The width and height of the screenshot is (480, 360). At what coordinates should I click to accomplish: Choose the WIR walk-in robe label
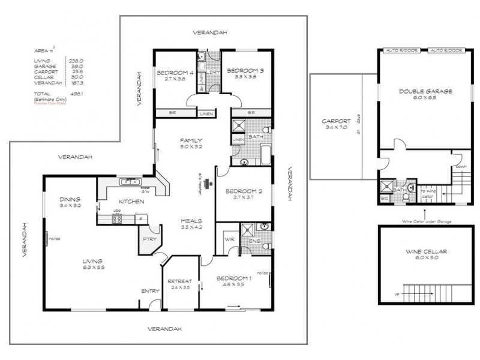tap(227, 239)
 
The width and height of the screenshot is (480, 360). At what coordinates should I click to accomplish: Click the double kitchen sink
tap(128, 181)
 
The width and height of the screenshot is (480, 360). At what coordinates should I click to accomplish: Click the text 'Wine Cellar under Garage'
tap(424, 221)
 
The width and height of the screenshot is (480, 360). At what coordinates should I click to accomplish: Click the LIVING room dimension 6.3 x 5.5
tap(94, 268)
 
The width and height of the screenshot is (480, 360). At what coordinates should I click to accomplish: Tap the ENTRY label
tap(149, 291)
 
